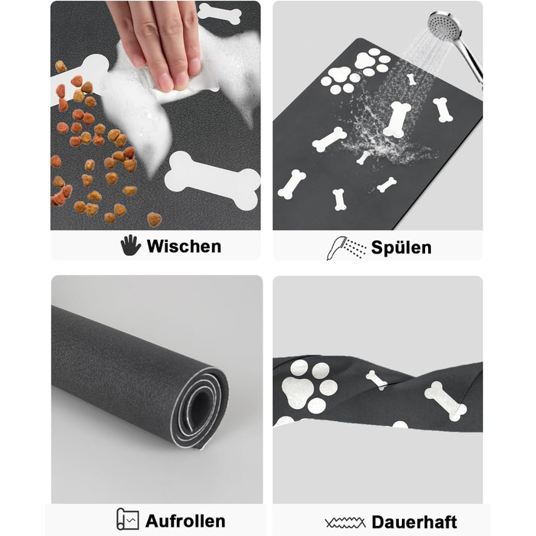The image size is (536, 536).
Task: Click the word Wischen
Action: [x=184, y=246]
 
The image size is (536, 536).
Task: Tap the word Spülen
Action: [x=401, y=247]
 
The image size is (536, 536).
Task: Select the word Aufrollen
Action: [x=185, y=521]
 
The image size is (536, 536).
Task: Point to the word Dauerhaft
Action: [x=414, y=522]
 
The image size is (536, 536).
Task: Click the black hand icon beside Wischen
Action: [x=130, y=245]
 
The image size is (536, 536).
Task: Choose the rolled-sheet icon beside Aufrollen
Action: [x=128, y=519]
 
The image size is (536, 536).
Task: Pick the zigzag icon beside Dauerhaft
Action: [x=345, y=523]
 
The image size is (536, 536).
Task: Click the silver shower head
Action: [x=444, y=25]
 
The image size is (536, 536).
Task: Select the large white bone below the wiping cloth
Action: [x=213, y=180]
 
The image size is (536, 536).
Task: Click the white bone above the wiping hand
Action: [x=220, y=13]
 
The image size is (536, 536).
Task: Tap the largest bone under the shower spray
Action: [x=397, y=119]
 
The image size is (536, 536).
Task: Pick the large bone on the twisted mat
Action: [x=445, y=401]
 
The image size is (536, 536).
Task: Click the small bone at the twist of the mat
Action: [x=377, y=380]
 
